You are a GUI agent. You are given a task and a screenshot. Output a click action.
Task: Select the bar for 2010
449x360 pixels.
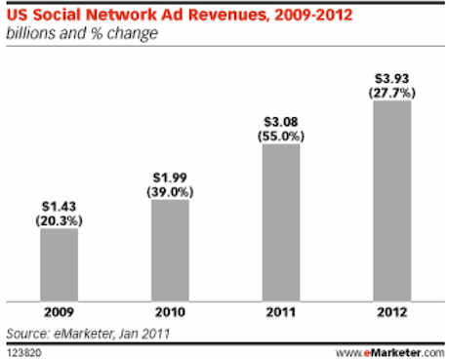(x=169, y=251)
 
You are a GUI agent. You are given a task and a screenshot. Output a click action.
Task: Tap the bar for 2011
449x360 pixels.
(x=280, y=221)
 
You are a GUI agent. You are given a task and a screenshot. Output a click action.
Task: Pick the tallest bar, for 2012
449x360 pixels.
(x=391, y=200)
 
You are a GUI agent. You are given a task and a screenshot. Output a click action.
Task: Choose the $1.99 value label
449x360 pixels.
(x=169, y=177)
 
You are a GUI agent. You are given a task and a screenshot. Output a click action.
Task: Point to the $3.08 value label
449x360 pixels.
(x=280, y=120)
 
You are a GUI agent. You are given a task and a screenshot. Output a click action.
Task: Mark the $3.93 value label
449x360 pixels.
(x=391, y=76)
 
